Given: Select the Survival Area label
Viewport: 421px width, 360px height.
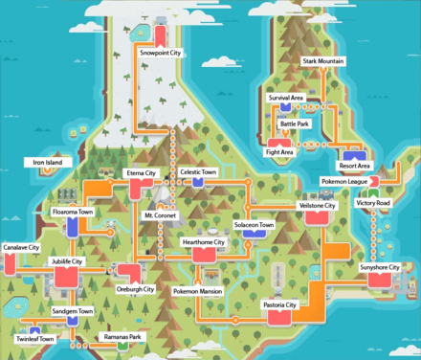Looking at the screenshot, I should pos(286,98).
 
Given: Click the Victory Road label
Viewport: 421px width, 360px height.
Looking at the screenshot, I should pos(372,204).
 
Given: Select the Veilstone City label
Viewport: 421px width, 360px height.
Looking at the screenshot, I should pos(317,206).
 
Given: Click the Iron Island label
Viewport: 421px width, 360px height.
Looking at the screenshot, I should pos(47,164).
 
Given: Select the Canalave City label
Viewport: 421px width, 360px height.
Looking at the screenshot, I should pos(21,248).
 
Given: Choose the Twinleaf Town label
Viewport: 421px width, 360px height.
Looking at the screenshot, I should pos(34,339).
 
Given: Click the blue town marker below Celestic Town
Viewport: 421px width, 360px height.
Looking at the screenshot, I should pos(198,182).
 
